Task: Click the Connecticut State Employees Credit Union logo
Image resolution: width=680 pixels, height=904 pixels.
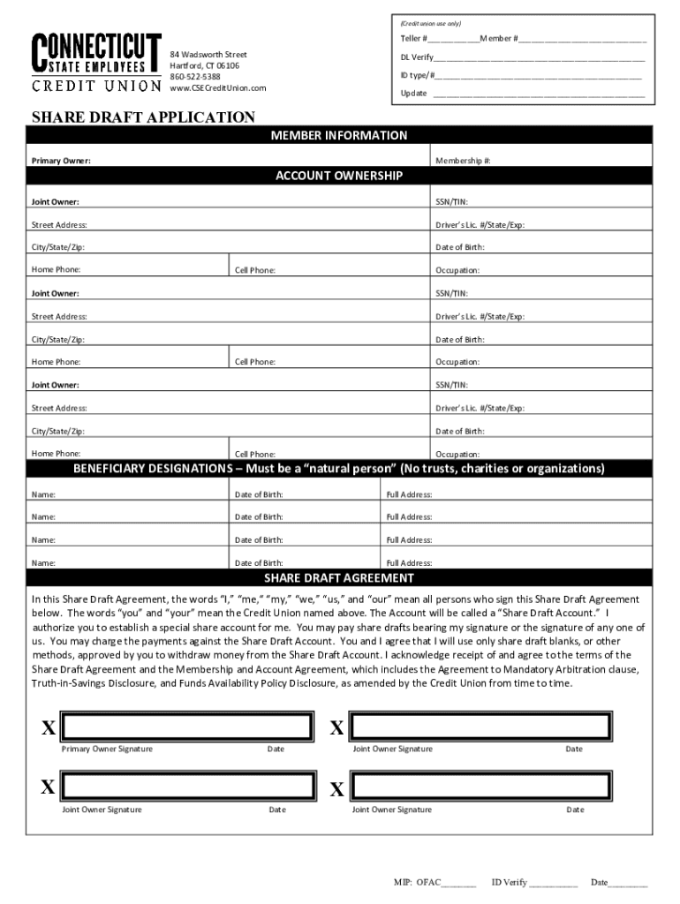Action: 96,63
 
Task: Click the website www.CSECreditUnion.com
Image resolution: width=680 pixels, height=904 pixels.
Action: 217,87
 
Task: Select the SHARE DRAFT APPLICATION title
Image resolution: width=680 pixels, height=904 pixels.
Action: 143,117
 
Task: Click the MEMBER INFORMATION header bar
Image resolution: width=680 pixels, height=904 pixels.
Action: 339,135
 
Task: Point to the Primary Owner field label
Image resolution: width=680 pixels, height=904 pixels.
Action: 61,161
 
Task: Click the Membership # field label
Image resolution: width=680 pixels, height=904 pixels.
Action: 463,161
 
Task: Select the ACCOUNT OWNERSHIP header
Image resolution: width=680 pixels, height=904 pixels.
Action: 339,176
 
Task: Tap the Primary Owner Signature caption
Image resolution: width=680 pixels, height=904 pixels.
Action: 106,750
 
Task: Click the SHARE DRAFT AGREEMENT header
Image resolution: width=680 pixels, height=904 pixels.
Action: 339,578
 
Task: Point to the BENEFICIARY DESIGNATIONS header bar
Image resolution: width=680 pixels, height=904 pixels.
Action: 339,468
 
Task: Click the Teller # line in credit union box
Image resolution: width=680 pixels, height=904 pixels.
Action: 452,40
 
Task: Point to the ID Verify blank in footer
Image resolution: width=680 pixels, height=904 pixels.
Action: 553,882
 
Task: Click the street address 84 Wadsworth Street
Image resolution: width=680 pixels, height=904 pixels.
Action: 208,55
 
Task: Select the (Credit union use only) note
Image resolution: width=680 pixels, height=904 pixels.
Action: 430,23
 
